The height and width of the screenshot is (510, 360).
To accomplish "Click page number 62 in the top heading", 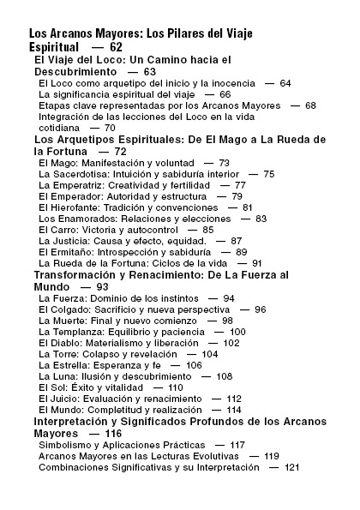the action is coord(117,46).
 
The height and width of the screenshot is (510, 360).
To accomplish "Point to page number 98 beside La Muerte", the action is coord(227,320).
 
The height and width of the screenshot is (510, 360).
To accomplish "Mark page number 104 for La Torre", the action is coord(209,353).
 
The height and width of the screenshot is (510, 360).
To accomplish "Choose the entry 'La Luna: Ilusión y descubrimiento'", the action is coord(111,375).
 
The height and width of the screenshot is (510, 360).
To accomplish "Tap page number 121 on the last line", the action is coord(292,467).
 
